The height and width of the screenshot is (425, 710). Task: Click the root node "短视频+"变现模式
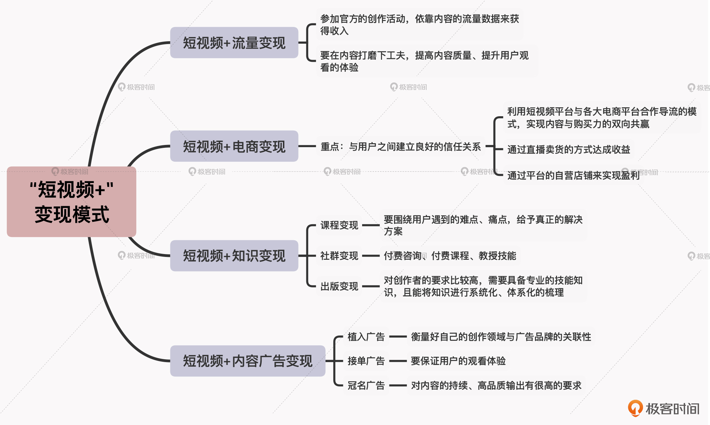coord(71,201)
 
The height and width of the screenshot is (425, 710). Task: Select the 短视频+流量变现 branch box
coord(234,43)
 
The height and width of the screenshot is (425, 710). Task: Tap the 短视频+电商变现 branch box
coord(234,146)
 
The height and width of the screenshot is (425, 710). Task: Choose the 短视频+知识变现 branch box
coord(234,255)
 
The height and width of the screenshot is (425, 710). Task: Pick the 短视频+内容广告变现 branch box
coord(247,361)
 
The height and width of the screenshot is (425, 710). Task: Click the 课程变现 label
coord(339,225)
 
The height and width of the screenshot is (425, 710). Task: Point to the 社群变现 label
coord(339,256)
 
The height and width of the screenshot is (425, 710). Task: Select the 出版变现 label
coord(339,286)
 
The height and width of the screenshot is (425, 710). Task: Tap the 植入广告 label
coord(366,337)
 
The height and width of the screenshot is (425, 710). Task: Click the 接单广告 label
coord(366,361)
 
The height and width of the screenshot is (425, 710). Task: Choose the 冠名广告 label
coord(366,385)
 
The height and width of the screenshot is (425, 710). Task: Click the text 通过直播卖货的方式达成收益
coord(568,150)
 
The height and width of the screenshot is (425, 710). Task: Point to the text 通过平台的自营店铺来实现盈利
coord(573,176)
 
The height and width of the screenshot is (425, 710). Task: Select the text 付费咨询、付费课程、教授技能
coord(450,256)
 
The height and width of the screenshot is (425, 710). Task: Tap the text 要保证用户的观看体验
coord(458,361)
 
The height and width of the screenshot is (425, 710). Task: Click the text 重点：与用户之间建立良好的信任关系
coord(400,146)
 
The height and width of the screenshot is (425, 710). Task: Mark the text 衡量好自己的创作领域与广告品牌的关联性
coord(501,337)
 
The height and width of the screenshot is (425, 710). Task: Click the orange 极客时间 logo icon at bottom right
coord(635,408)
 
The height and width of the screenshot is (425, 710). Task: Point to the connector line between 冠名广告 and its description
coord(398,385)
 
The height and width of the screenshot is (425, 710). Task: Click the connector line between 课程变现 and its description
coord(371,225)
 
